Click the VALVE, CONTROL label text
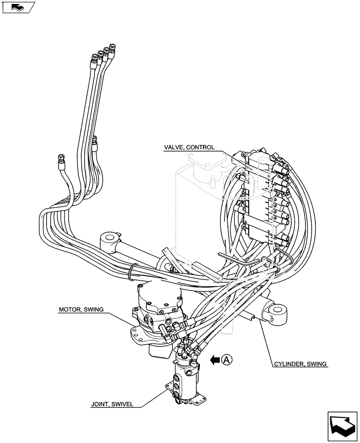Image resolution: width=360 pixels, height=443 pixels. pos(189,148)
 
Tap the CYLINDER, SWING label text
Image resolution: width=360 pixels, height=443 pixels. pos(300,364)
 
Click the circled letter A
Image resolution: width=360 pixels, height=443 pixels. pos(227,360)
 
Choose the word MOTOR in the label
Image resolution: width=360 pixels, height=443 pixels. pos(70,310)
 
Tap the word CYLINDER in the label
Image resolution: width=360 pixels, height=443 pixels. pos(289,364)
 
